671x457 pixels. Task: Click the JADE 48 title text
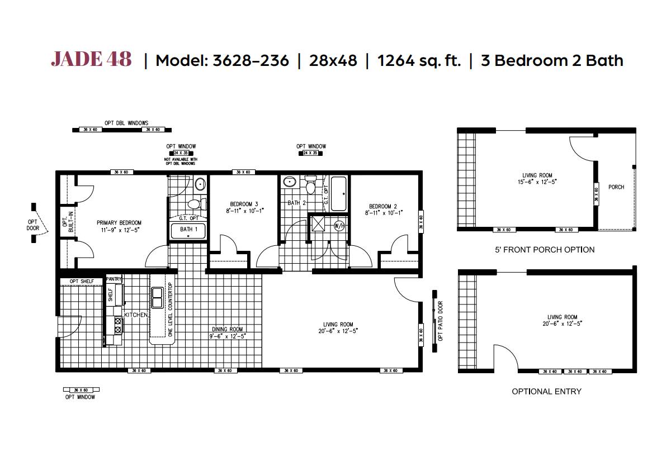click(x=91, y=59)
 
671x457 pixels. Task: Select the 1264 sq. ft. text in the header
click(x=419, y=60)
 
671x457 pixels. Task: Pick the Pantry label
click(x=114, y=278)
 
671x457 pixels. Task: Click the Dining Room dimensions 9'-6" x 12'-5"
click(x=228, y=336)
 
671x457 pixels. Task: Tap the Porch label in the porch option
click(x=616, y=187)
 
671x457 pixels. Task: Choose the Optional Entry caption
click(x=546, y=391)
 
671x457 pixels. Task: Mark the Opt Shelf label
click(x=82, y=281)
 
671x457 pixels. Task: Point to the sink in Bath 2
click(x=290, y=182)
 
